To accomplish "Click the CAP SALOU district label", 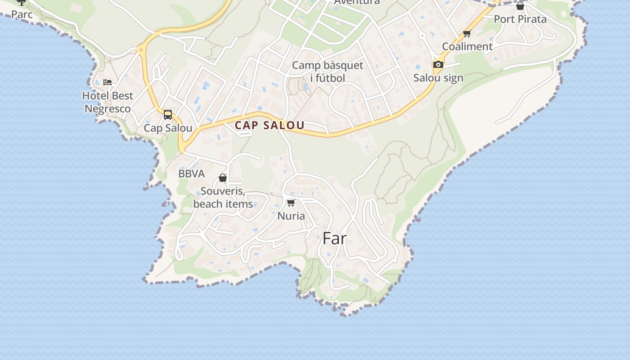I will (270, 125).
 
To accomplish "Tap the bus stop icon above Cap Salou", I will (168, 115).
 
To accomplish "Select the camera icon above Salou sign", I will (438, 65).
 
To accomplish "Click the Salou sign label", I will (438, 78).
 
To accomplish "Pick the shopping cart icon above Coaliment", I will (467, 33).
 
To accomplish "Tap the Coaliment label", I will (467, 46).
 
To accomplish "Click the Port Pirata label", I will (520, 19).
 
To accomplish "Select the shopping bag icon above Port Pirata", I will (520, 6).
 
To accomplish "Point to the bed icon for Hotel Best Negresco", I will (108, 82).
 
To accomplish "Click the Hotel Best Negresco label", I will (108, 102).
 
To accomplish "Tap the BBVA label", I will (191, 174).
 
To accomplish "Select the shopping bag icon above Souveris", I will (222, 178).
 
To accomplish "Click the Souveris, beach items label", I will (223, 198).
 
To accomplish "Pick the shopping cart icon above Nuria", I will (291, 203).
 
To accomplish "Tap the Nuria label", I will (291, 216).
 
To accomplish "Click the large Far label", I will (334, 238).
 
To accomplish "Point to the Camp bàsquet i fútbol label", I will (328, 72).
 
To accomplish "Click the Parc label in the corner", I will (22, 14).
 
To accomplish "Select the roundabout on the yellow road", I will (141, 49).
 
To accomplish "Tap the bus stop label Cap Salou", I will (168, 128).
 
